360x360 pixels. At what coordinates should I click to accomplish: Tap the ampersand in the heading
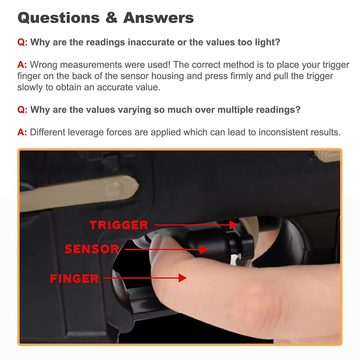pos(111,18)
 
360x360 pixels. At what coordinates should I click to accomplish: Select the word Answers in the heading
pos(158,18)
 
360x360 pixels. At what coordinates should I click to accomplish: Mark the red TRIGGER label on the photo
pos(119,225)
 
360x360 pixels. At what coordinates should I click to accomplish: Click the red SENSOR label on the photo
pos(91,249)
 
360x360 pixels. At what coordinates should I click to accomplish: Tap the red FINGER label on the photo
pos(74,278)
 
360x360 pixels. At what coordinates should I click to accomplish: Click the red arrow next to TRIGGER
pos(196,225)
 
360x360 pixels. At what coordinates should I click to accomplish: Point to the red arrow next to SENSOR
pos(166,249)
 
